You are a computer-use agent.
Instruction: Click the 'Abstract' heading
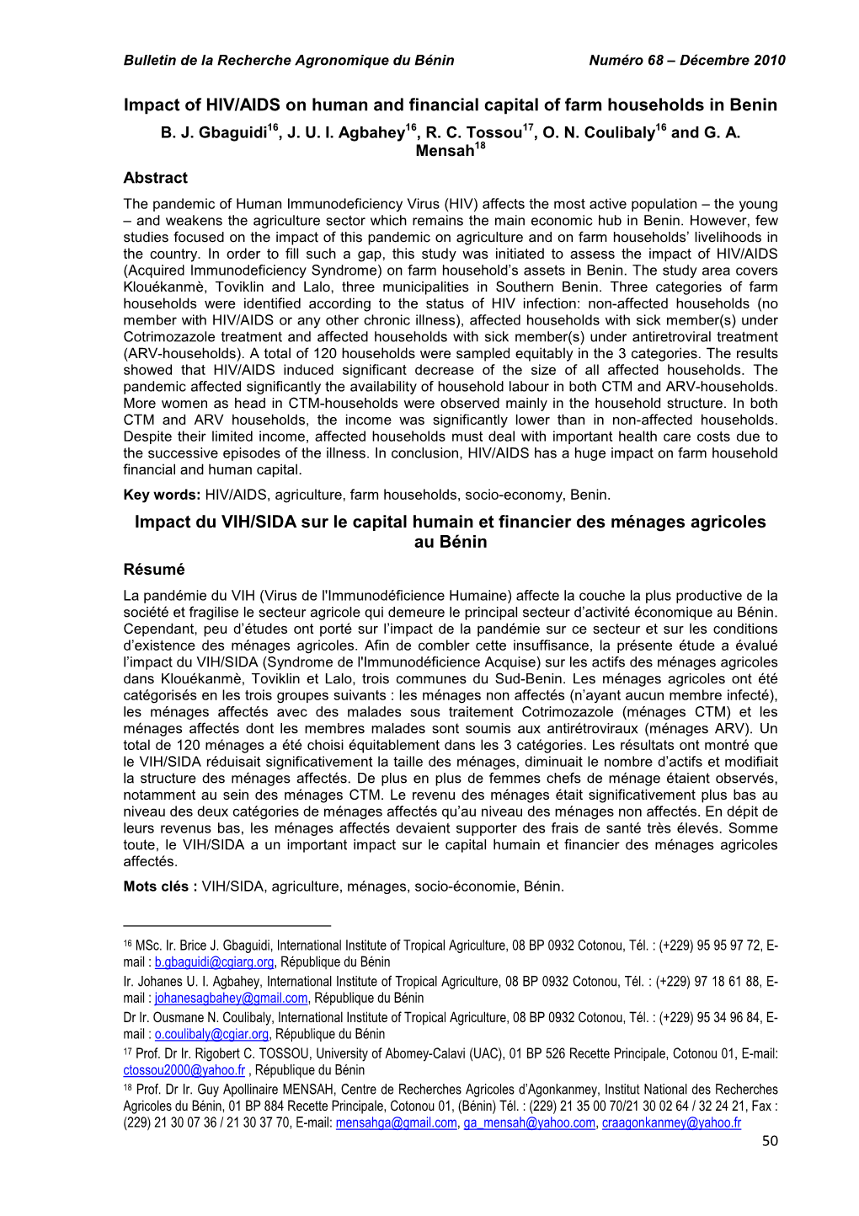point(155,178)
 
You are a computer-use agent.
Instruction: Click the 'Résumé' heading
point(153,570)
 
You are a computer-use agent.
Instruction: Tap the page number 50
point(769,1141)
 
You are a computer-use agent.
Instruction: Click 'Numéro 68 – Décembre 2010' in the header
point(686,61)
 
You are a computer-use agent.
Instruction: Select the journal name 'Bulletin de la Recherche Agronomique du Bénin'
point(289,61)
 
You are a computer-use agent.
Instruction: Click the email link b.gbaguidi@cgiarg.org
point(214,962)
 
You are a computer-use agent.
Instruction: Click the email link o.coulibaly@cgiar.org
point(211,1035)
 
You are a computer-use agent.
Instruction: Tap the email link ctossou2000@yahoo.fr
point(184,1071)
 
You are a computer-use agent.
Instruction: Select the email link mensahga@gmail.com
point(396,1123)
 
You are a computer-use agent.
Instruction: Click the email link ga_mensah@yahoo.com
point(529,1123)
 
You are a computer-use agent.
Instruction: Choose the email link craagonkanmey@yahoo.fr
point(671,1123)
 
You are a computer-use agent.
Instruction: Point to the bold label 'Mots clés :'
point(160,887)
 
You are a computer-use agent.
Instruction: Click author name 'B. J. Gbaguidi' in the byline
point(213,134)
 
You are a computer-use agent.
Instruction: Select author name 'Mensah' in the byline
point(445,152)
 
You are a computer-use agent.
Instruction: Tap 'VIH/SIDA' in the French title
point(259,522)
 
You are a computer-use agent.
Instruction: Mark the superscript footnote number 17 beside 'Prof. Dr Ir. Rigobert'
point(128,1052)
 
